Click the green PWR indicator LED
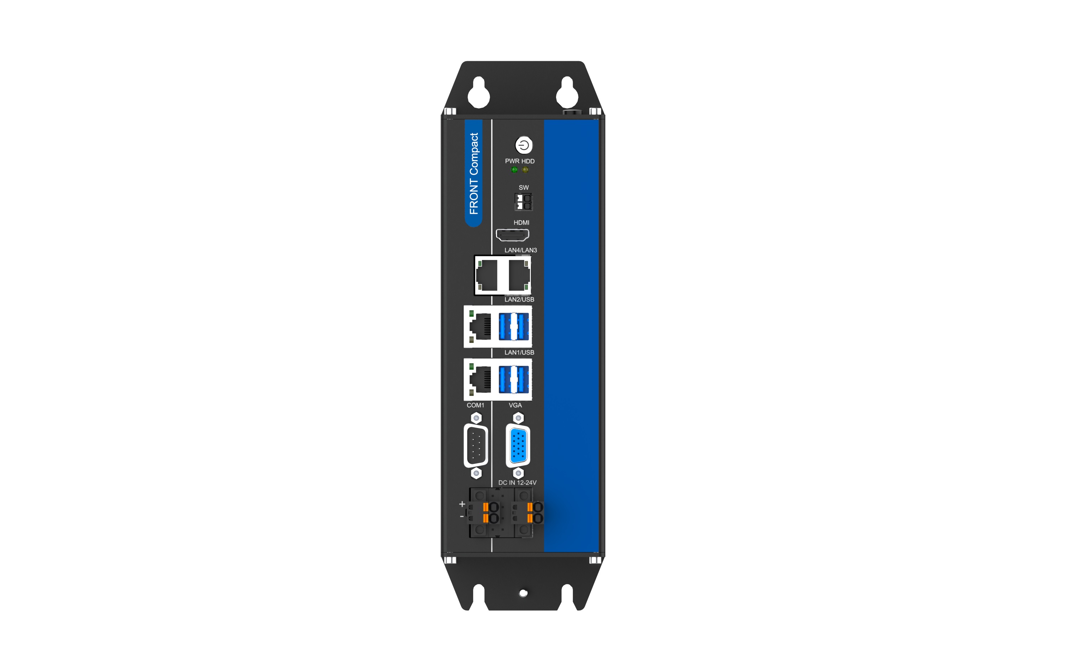(514, 170)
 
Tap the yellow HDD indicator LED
(525, 170)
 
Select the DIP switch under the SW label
(523, 202)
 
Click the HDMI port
(512, 235)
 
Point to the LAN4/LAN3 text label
(521, 250)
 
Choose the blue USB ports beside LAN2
(514, 327)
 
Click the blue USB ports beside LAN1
(514, 379)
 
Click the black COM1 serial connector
(476, 445)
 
